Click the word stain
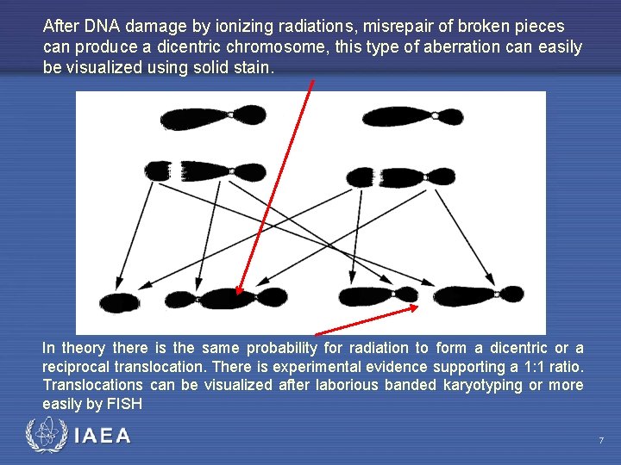[x=254, y=67]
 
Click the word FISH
[x=124, y=403]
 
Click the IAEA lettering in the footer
[x=103, y=437]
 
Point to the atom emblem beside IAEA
[x=44, y=436]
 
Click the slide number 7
[x=601, y=441]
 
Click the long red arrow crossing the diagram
[x=276, y=185]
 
